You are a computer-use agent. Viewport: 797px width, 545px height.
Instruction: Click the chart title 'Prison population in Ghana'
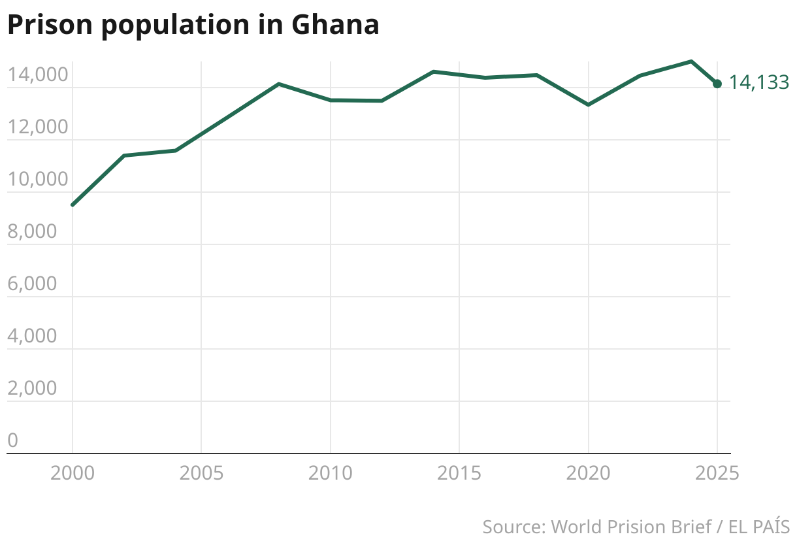tap(193, 25)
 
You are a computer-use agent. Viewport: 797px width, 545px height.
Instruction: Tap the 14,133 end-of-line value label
tap(758, 82)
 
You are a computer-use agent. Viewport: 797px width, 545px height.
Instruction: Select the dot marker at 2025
tap(717, 84)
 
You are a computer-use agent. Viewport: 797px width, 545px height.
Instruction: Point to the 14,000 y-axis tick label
tap(38, 75)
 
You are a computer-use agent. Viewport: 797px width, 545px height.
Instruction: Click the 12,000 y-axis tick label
tap(38, 127)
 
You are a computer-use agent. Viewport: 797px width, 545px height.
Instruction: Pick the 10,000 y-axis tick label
tap(38, 180)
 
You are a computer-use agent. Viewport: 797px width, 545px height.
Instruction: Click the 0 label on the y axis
tap(12, 441)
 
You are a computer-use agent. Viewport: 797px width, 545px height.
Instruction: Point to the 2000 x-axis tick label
tap(72, 472)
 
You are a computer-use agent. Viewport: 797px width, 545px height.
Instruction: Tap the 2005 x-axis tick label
tap(201, 472)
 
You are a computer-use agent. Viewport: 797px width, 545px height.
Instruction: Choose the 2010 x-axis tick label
tap(330, 472)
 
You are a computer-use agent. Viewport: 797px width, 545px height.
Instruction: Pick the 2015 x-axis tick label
tap(459, 472)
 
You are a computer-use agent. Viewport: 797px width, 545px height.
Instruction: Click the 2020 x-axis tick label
tap(588, 472)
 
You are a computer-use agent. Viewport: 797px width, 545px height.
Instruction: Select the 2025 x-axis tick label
tap(717, 472)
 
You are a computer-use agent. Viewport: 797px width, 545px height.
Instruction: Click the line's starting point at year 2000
tap(73, 205)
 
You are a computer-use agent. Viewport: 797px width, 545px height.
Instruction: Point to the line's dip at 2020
tap(588, 105)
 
